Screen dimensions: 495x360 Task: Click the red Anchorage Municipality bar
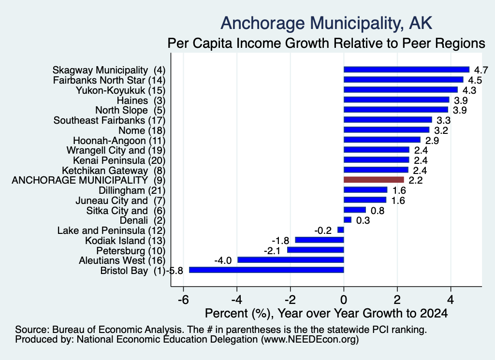(374, 180)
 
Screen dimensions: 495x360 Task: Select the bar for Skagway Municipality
(407, 70)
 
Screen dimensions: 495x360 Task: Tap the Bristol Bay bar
(266, 270)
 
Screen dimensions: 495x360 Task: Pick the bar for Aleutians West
(291, 260)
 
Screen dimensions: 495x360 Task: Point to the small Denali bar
(348, 220)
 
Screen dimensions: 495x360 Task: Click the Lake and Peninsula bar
(341, 230)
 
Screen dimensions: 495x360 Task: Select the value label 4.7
(481, 70)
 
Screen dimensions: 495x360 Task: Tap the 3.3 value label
(444, 120)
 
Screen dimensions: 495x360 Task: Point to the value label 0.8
(378, 211)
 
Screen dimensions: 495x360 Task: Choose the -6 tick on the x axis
(183, 299)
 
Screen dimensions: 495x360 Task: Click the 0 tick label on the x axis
(344, 299)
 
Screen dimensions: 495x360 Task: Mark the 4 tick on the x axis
(451, 299)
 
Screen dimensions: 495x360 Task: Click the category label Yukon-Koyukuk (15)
(120, 90)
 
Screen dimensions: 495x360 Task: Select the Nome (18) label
(142, 130)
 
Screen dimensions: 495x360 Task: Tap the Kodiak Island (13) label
(125, 241)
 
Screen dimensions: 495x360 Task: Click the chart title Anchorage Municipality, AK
(326, 23)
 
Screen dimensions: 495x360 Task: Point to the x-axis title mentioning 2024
(326, 313)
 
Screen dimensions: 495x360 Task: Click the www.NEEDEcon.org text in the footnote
(310, 340)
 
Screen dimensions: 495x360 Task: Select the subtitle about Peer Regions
(326, 43)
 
